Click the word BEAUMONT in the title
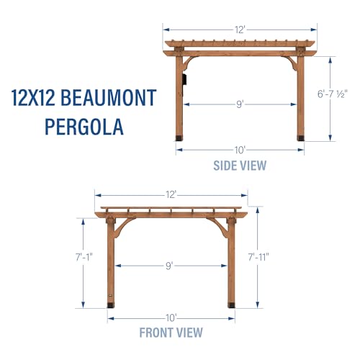(x=109, y=98)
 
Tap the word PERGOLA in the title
(x=84, y=127)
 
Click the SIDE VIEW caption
(x=240, y=166)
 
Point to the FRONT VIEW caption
(x=171, y=333)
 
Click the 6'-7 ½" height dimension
(x=333, y=94)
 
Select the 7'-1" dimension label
(x=84, y=257)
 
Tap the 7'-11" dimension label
(x=258, y=257)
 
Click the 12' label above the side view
(x=240, y=30)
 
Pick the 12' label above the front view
(x=171, y=195)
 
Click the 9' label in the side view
(x=240, y=104)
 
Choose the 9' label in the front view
(x=169, y=266)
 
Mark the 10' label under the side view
(x=240, y=150)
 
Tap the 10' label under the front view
(x=171, y=318)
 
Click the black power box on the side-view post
(x=185, y=79)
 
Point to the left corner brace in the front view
(x=122, y=227)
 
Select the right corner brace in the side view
(x=290, y=63)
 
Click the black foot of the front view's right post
(x=231, y=305)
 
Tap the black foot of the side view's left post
(x=179, y=138)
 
